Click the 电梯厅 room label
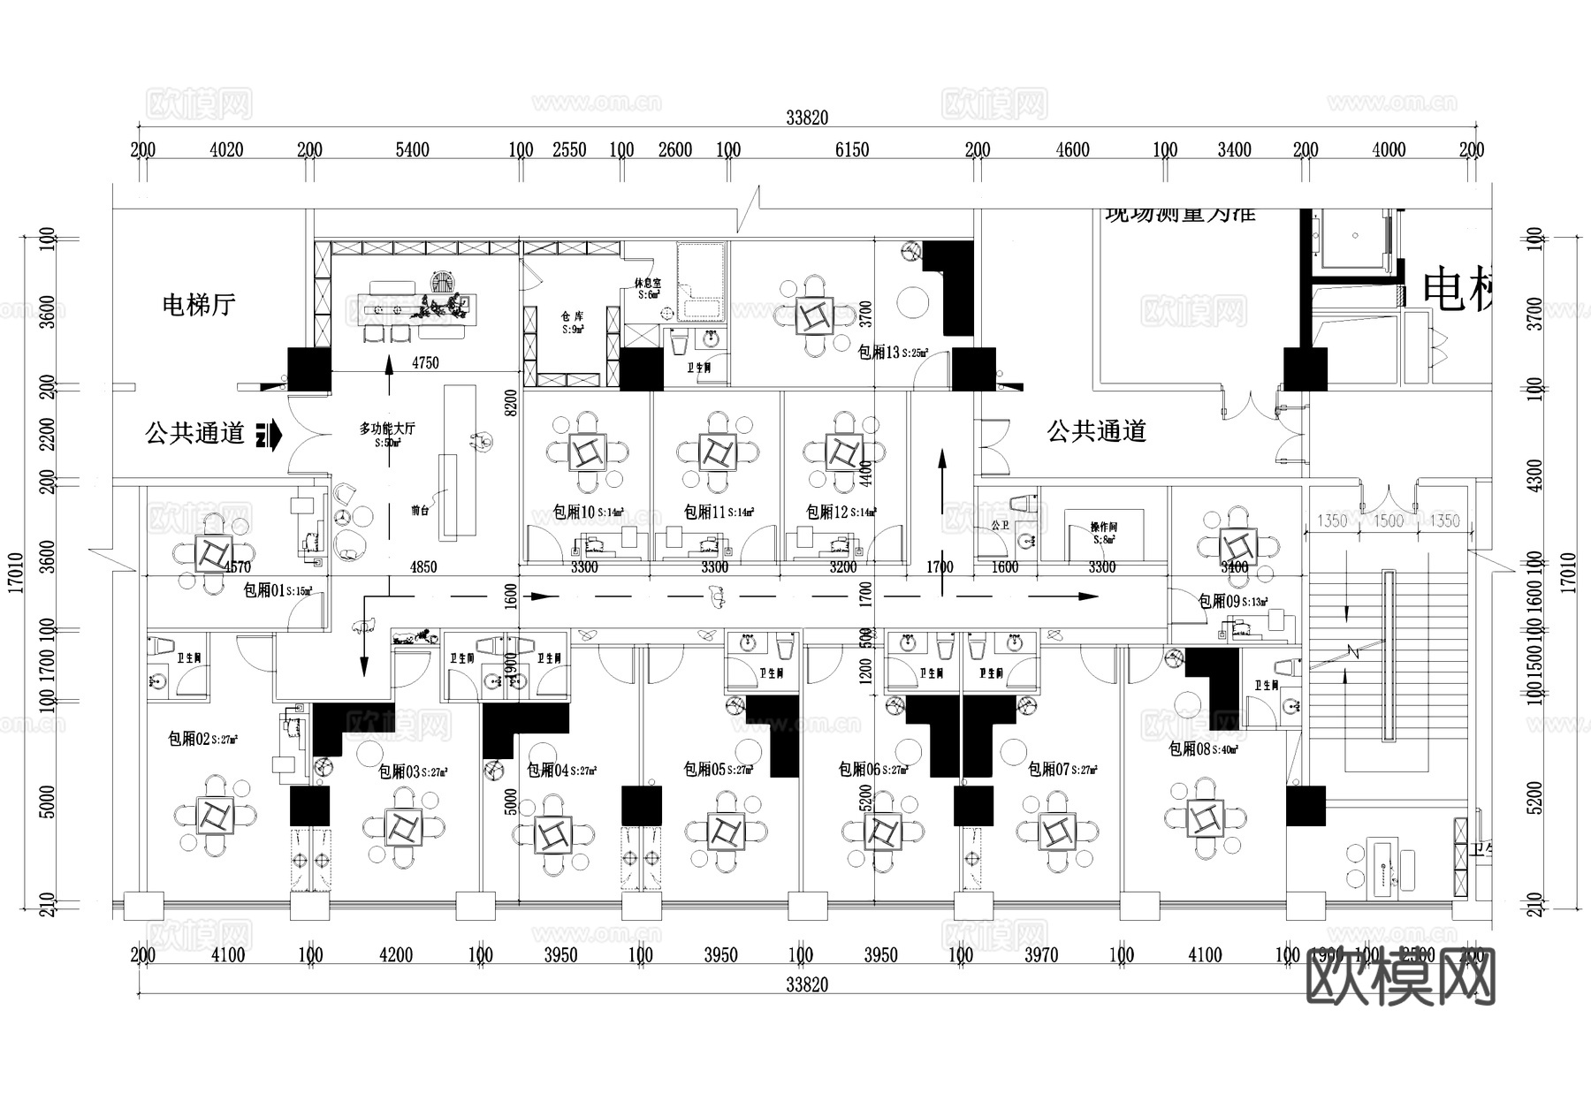[199, 305]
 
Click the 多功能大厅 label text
[386, 429]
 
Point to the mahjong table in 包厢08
[1205, 818]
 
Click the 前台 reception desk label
[421, 510]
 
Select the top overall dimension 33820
[806, 118]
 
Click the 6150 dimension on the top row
[851, 150]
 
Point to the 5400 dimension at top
[412, 150]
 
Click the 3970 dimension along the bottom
[1040, 955]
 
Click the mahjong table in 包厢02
[215, 815]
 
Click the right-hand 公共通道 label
[1096, 431]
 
